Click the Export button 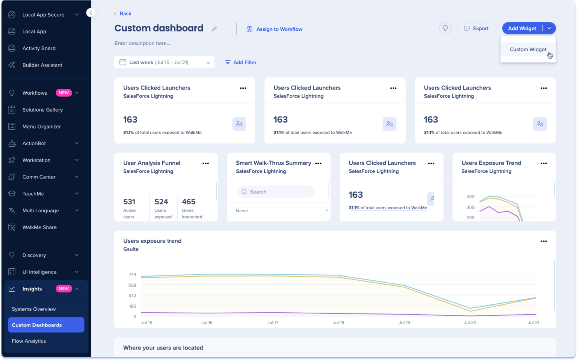coord(476,28)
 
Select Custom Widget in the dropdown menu coord(528,49)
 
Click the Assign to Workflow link coord(275,29)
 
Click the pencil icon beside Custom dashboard coord(214,29)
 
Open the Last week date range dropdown coord(164,62)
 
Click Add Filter coord(241,62)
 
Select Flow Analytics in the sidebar coord(29,341)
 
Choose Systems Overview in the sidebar coord(34,309)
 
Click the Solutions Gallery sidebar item coord(42,110)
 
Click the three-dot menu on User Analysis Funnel coord(205,163)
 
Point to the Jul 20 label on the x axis coord(470,322)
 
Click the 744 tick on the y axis coord(132,275)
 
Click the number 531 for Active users coord(129,202)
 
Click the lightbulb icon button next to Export coord(445,28)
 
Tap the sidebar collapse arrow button coord(91,13)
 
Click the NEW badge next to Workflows coord(63,93)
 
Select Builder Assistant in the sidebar coord(42,65)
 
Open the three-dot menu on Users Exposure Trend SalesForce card coord(544,163)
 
